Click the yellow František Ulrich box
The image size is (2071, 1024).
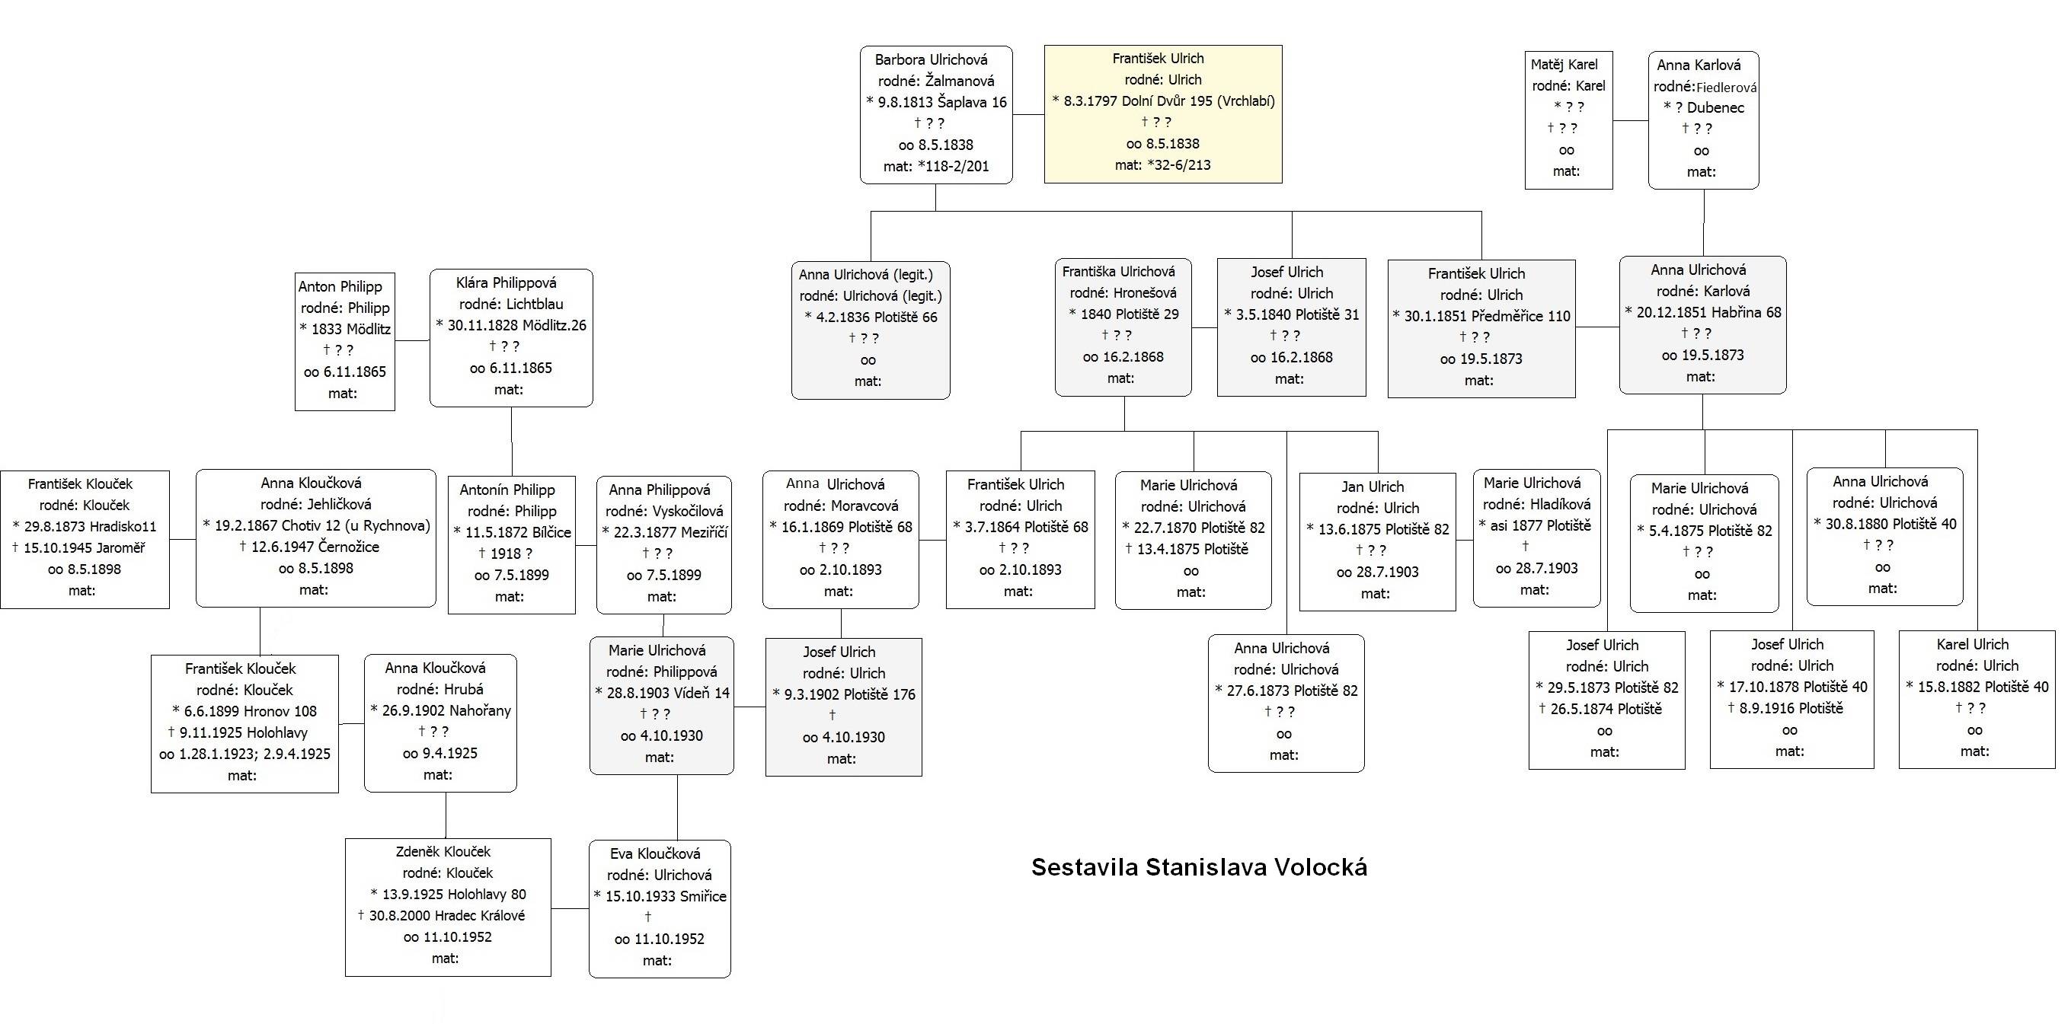(x=1162, y=114)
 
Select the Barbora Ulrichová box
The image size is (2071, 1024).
(x=936, y=115)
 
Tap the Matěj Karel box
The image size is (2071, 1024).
(x=1568, y=120)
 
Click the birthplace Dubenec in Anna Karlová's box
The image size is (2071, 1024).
(x=1715, y=107)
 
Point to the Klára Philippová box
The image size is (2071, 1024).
(x=511, y=337)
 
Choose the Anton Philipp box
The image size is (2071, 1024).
(x=345, y=342)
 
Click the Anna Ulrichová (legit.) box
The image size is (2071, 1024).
(x=871, y=330)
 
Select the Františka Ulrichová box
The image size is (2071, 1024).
(x=1123, y=327)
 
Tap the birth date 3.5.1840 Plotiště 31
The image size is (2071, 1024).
(x=1291, y=315)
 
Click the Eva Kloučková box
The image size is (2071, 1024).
(x=660, y=909)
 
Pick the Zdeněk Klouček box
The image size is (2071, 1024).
(x=448, y=908)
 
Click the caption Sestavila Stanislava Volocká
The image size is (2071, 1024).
(x=1199, y=867)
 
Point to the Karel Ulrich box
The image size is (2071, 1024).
(x=1977, y=699)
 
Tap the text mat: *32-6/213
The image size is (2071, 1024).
(x=1162, y=164)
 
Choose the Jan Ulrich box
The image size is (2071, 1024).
(x=1377, y=542)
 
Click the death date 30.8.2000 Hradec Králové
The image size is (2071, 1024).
(x=441, y=915)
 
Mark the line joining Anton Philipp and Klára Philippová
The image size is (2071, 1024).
(x=412, y=341)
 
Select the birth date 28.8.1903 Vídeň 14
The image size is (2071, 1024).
(x=662, y=693)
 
